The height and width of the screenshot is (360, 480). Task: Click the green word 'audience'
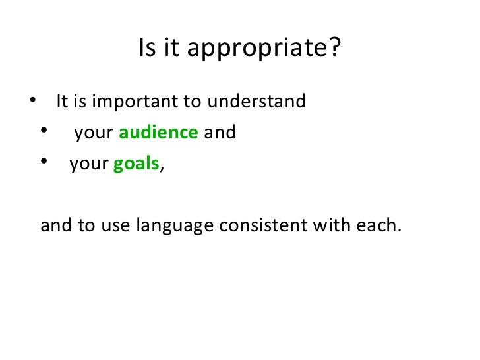[x=159, y=133]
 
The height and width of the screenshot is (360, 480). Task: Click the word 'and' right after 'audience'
[x=220, y=133]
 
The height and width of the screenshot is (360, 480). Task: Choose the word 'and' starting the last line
[x=54, y=226]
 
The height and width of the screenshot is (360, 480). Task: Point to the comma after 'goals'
[x=162, y=168]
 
